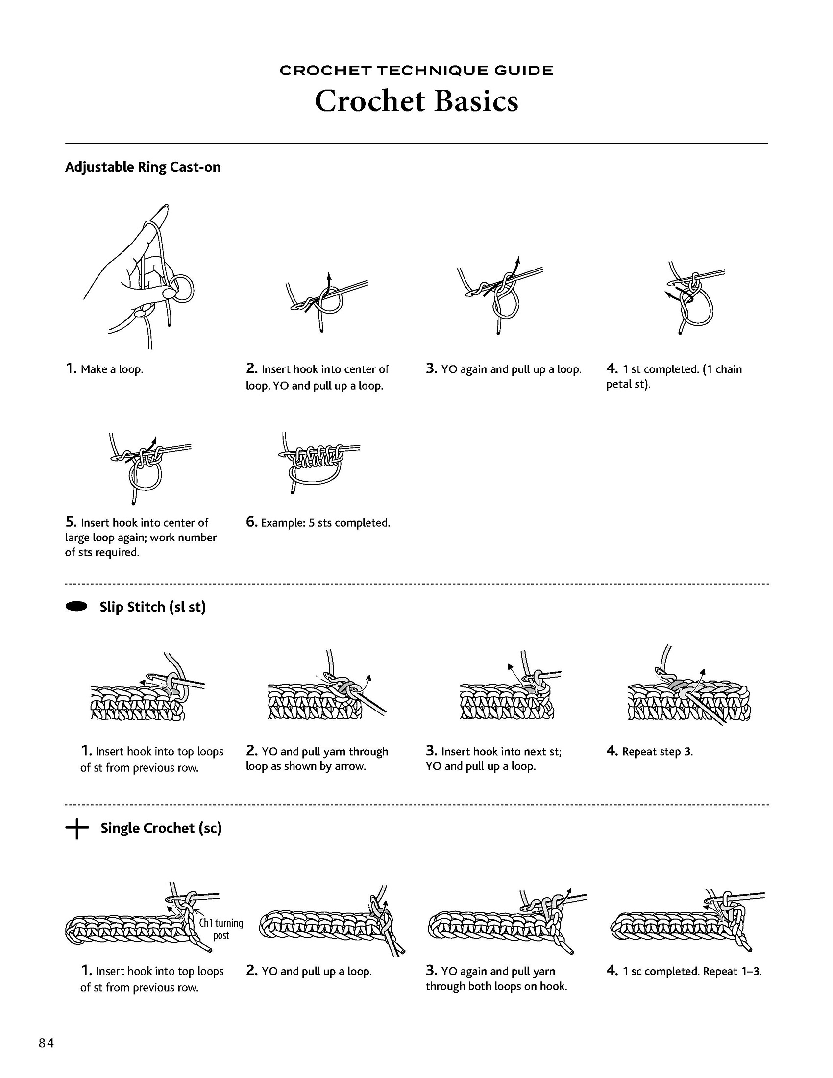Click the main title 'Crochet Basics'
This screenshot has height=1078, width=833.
point(416,101)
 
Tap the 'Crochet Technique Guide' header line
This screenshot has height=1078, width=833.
point(416,71)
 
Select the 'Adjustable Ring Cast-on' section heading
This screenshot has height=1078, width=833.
point(143,167)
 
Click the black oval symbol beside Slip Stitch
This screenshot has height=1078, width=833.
point(76,606)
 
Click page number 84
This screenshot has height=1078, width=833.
point(47,1043)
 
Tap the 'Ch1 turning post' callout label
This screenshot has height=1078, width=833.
point(220,929)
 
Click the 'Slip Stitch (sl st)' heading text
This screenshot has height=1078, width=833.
point(152,607)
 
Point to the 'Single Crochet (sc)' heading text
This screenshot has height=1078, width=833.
point(161,828)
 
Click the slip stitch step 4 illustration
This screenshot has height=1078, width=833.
point(689,691)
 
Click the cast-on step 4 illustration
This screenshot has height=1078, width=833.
point(693,298)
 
